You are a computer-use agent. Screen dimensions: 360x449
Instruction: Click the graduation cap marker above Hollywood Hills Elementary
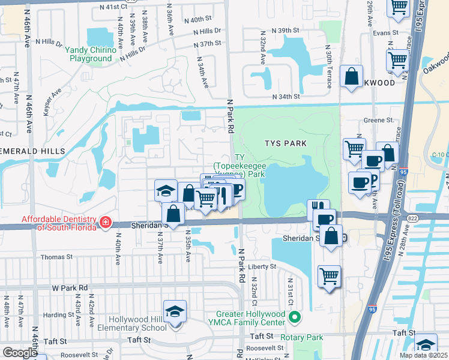(x=175, y=312)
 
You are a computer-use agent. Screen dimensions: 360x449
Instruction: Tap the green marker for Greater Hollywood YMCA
(x=294, y=317)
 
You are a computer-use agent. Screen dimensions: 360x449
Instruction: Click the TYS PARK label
(x=286, y=143)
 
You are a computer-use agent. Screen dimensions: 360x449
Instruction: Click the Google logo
(x=20, y=353)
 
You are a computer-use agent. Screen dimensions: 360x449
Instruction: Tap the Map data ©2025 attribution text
(x=424, y=355)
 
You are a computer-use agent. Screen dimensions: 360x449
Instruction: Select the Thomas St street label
(x=56, y=257)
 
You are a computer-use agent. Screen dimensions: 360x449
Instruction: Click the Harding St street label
(x=58, y=314)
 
